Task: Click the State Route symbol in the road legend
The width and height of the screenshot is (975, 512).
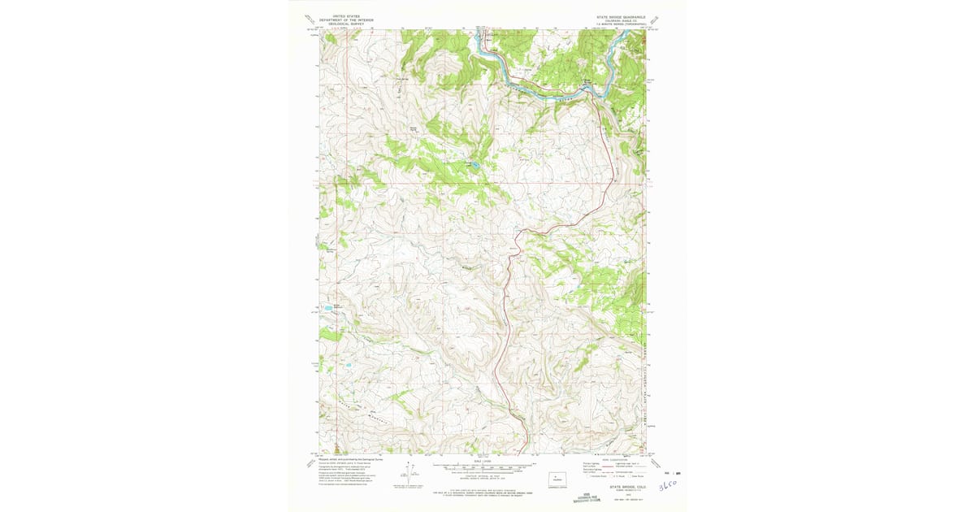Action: pos(625,475)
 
